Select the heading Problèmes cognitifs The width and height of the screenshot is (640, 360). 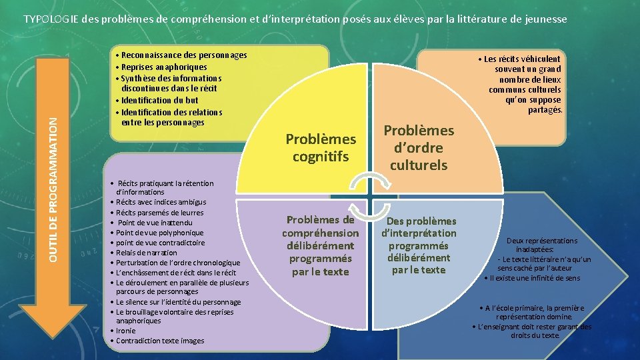pyautogui.click(x=321, y=147)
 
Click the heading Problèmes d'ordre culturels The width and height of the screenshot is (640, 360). pyautogui.click(x=419, y=147)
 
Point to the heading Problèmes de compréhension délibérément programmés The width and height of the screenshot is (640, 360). pyautogui.click(x=320, y=245)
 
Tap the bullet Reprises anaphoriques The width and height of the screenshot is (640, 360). pyautogui.click(x=163, y=67)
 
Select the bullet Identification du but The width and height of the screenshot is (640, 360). pyautogui.click(x=159, y=101)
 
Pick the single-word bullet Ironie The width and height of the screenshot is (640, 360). pyautogui.click(x=125, y=331)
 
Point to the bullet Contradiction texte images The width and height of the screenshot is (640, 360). pyautogui.click(x=160, y=341)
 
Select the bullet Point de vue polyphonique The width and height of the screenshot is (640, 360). pyautogui.click(x=160, y=233)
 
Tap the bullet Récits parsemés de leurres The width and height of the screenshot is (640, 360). pyautogui.click(x=160, y=213)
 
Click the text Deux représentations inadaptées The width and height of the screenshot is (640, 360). pyautogui.click(x=542, y=245)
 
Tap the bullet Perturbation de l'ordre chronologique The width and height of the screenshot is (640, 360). pyautogui.click(x=178, y=263)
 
